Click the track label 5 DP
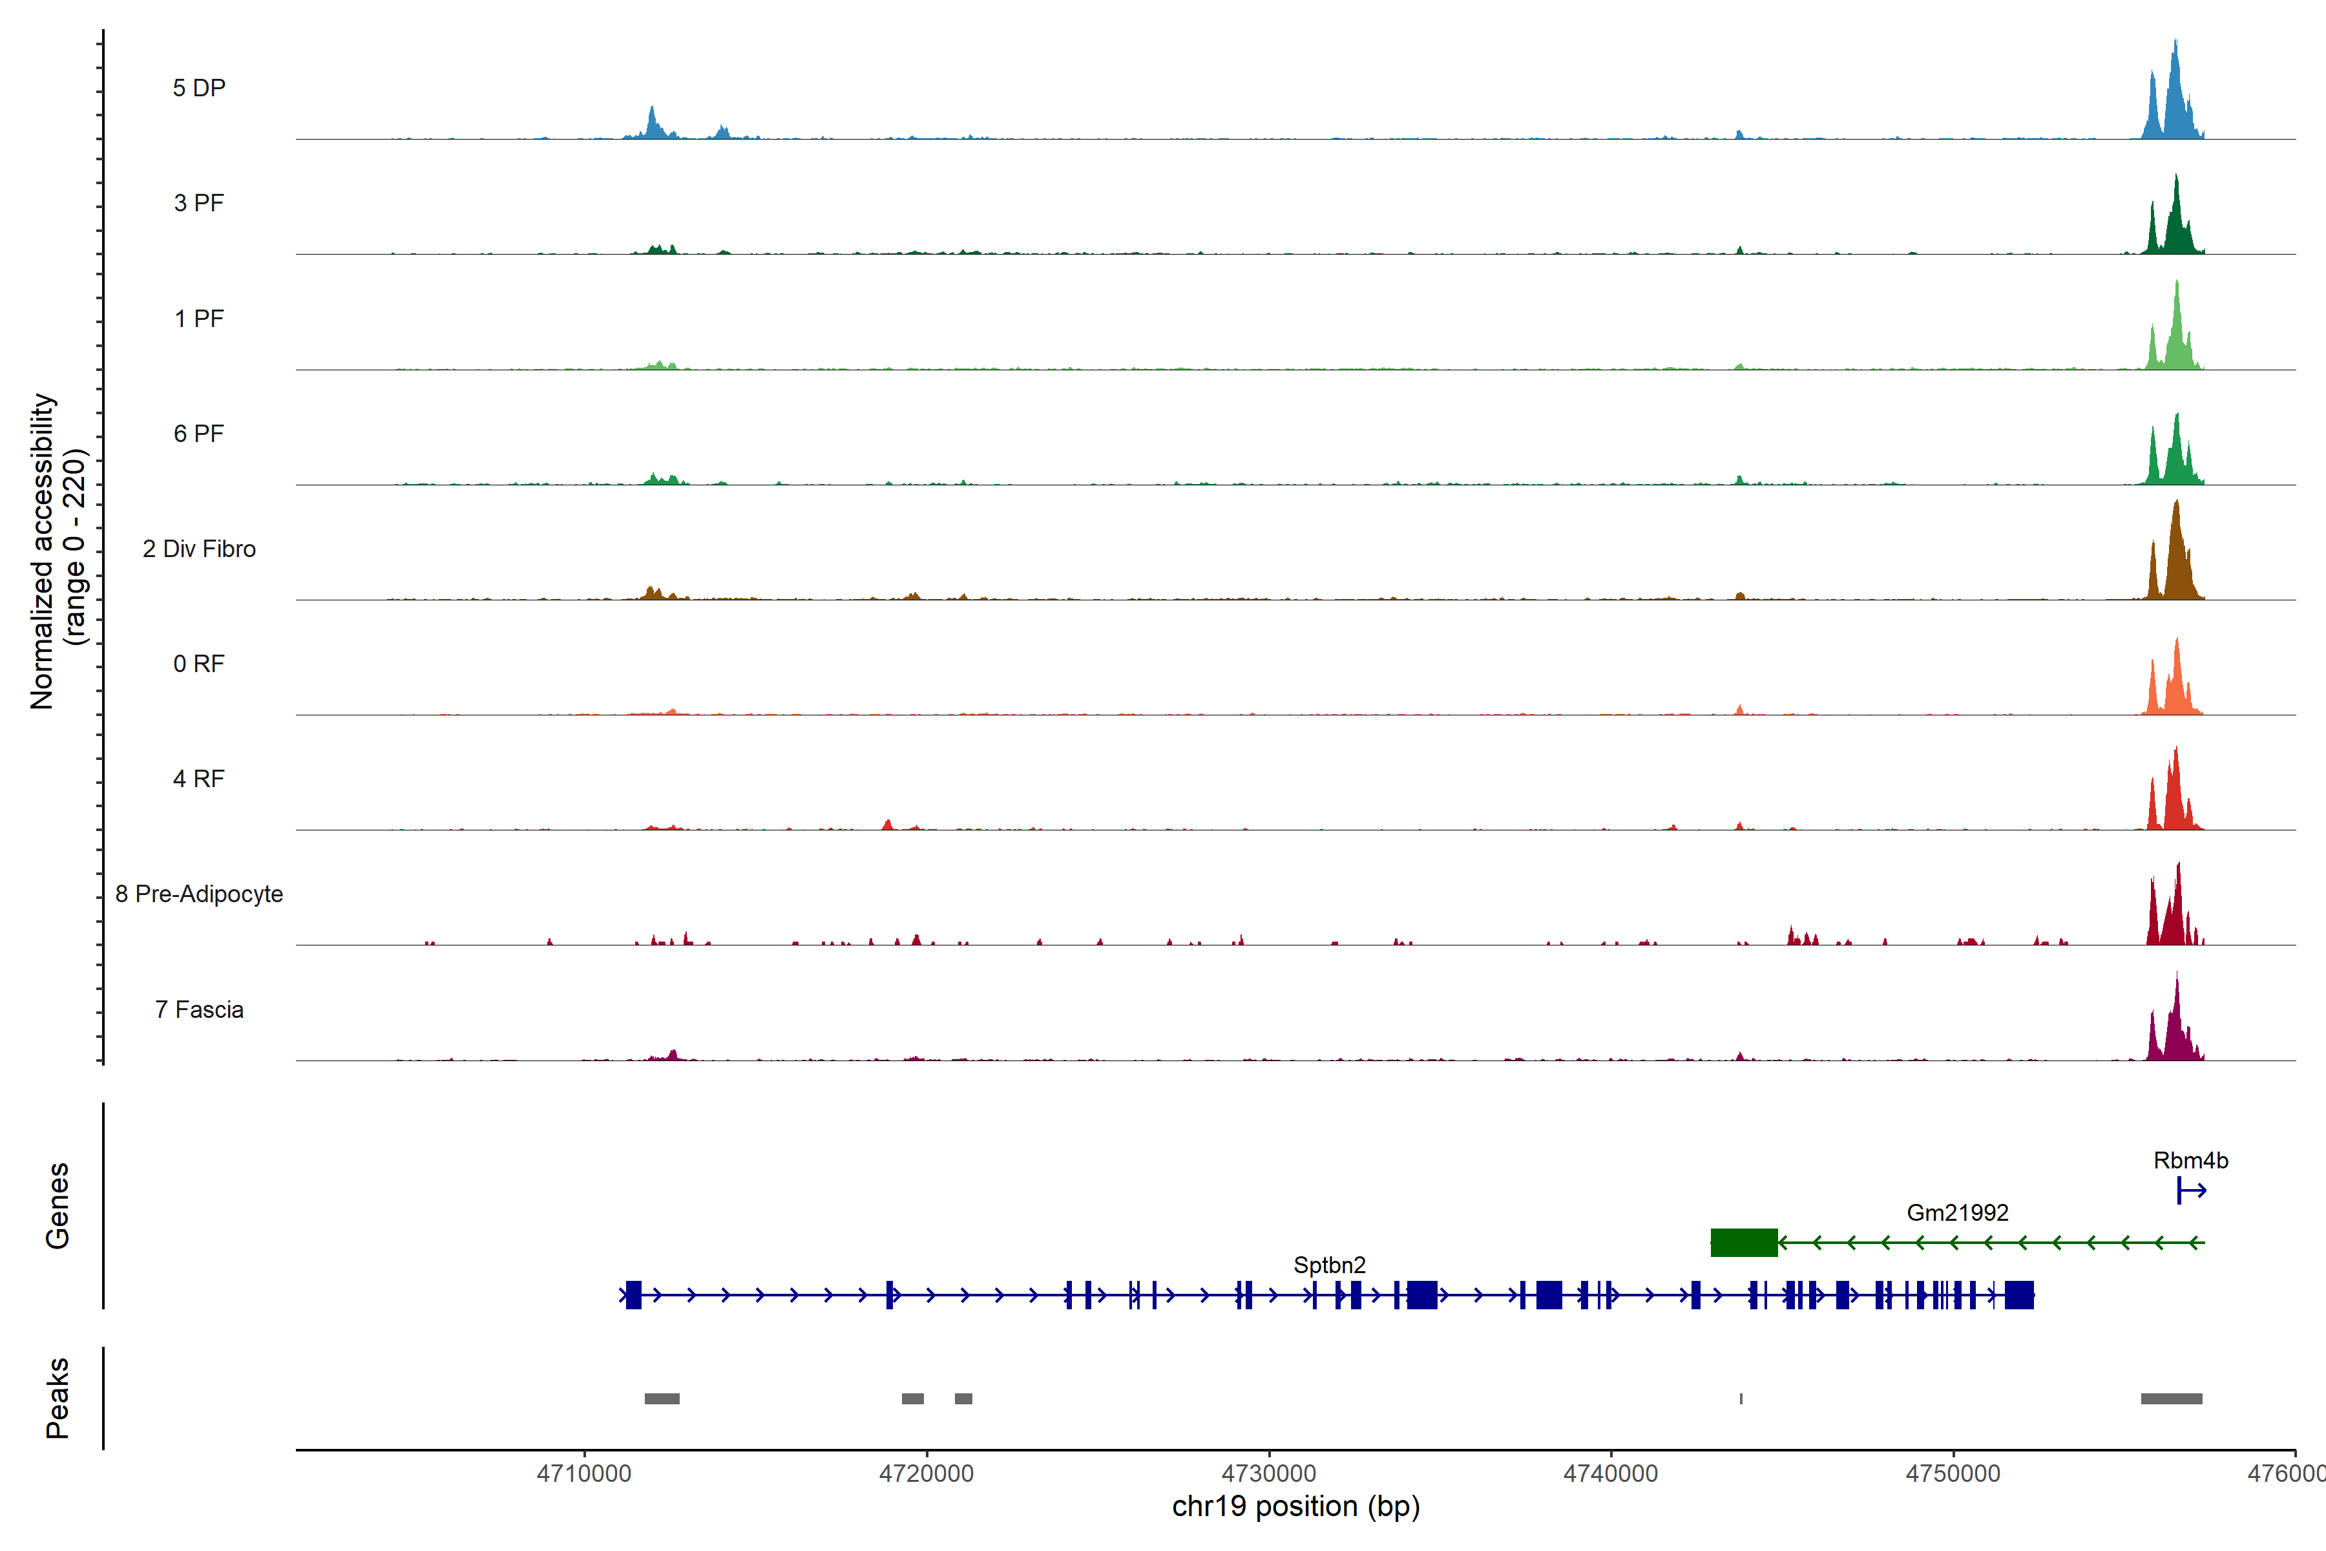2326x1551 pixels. coord(199,88)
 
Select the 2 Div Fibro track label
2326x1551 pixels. coord(199,549)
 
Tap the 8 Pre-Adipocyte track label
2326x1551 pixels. coord(199,894)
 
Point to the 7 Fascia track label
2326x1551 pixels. coord(199,1010)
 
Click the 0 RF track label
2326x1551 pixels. coord(199,664)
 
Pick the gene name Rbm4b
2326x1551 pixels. coord(2190,1160)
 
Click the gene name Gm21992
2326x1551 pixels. coord(1957,1213)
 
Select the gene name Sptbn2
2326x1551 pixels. coord(1329,1265)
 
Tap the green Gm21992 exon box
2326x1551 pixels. coord(1743,1242)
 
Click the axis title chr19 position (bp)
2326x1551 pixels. coord(1295,1506)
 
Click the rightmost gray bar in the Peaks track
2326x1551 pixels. coord(2171,1398)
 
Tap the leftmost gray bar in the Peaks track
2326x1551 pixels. coord(662,1398)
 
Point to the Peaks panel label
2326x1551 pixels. coord(58,1398)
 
